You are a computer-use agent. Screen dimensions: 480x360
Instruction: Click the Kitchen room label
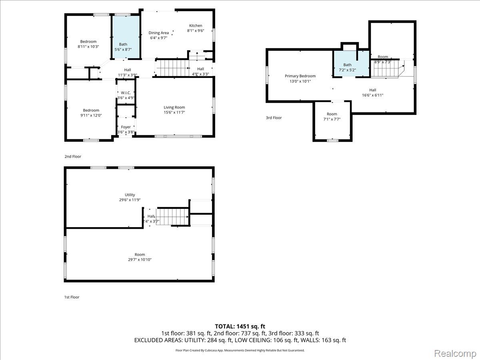(x=196, y=26)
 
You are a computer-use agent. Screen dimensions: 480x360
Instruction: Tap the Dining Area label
(x=158, y=33)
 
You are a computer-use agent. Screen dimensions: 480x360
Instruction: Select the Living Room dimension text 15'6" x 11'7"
(x=174, y=112)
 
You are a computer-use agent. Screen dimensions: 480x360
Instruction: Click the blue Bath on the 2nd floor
(x=126, y=37)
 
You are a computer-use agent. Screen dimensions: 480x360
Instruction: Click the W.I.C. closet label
(x=126, y=93)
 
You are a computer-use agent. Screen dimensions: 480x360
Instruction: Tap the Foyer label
(x=126, y=127)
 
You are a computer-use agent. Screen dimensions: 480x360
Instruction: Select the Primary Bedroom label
(x=300, y=76)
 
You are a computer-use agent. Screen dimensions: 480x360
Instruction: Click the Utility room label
(x=130, y=195)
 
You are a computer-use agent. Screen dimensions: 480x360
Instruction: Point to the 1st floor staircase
(x=173, y=217)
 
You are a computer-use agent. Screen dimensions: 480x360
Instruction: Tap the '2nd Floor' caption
(x=73, y=156)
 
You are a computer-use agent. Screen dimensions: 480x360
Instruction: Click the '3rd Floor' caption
(x=274, y=118)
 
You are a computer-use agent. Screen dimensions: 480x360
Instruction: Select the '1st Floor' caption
(x=72, y=297)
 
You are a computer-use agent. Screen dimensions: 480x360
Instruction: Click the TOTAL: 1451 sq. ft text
(x=240, y=326)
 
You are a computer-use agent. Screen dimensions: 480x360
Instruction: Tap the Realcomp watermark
(x=455, y=354)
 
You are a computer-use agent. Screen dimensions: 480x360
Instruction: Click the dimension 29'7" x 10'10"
(x=140, y=260)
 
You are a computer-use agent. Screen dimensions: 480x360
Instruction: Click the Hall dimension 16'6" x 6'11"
(x=373, y=95)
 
